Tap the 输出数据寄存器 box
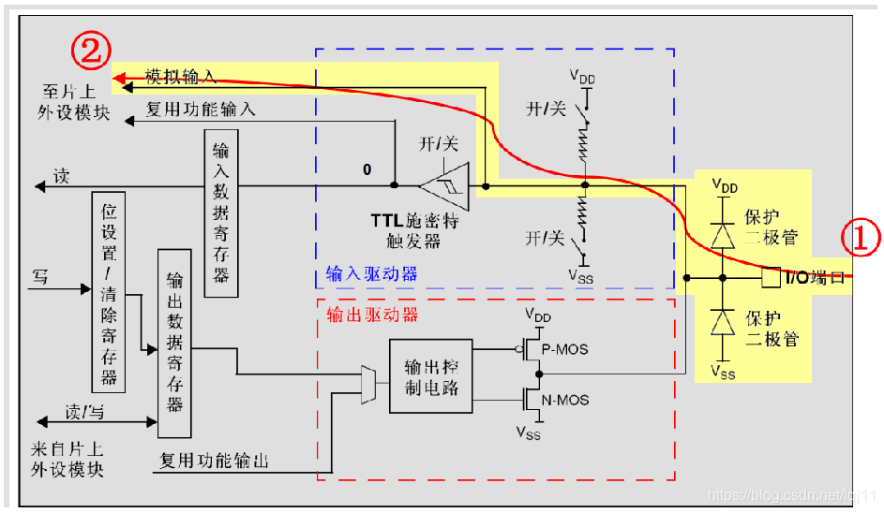click(174, 343)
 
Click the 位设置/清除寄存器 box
click(109, 291)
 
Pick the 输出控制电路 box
click(431, 374)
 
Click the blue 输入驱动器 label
click(371, 273)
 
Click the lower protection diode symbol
click(722, 323)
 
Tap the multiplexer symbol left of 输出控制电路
click(367, 384)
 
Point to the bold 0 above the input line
click(367, 169)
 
